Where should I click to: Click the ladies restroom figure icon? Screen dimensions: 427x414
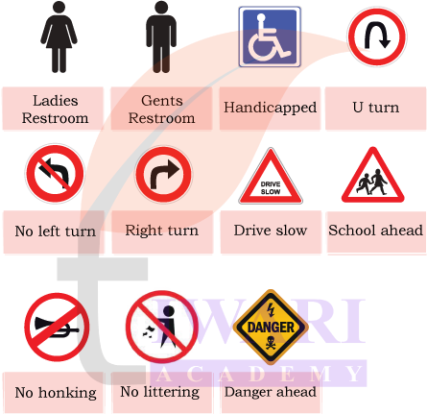pos(59,37)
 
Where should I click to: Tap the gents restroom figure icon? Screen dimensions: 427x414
pos(161,37)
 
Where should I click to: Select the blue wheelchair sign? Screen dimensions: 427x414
pos(270,37)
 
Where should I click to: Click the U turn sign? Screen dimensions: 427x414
pos(377,37)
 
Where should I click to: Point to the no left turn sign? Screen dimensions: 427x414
pos(55,174)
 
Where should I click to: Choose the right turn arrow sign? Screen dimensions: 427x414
pos(163,174)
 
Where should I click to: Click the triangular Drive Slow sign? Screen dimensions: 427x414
pos(271,176)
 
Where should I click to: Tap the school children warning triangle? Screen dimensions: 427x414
pos(372,176)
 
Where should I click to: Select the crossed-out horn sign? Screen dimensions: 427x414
pos(57,327)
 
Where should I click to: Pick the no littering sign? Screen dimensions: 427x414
pos(161,327)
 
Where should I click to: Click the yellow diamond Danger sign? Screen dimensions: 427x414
pos(271,328)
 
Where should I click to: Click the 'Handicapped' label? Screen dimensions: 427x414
pos(270,108)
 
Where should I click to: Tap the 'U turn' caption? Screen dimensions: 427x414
pos(376,108)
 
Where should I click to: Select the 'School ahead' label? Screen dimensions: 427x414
pos(376,231)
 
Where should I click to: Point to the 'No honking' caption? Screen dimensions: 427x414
pos(56,393)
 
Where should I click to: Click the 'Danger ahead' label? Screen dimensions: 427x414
pos(271,392)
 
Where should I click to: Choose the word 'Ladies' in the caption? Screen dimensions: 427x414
pos(56,101)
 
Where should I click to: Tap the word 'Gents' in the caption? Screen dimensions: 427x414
pos(162,101)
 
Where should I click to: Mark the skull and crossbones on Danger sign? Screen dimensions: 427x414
pos(271,342)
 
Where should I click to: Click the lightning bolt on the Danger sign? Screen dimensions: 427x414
pos(271,309)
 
